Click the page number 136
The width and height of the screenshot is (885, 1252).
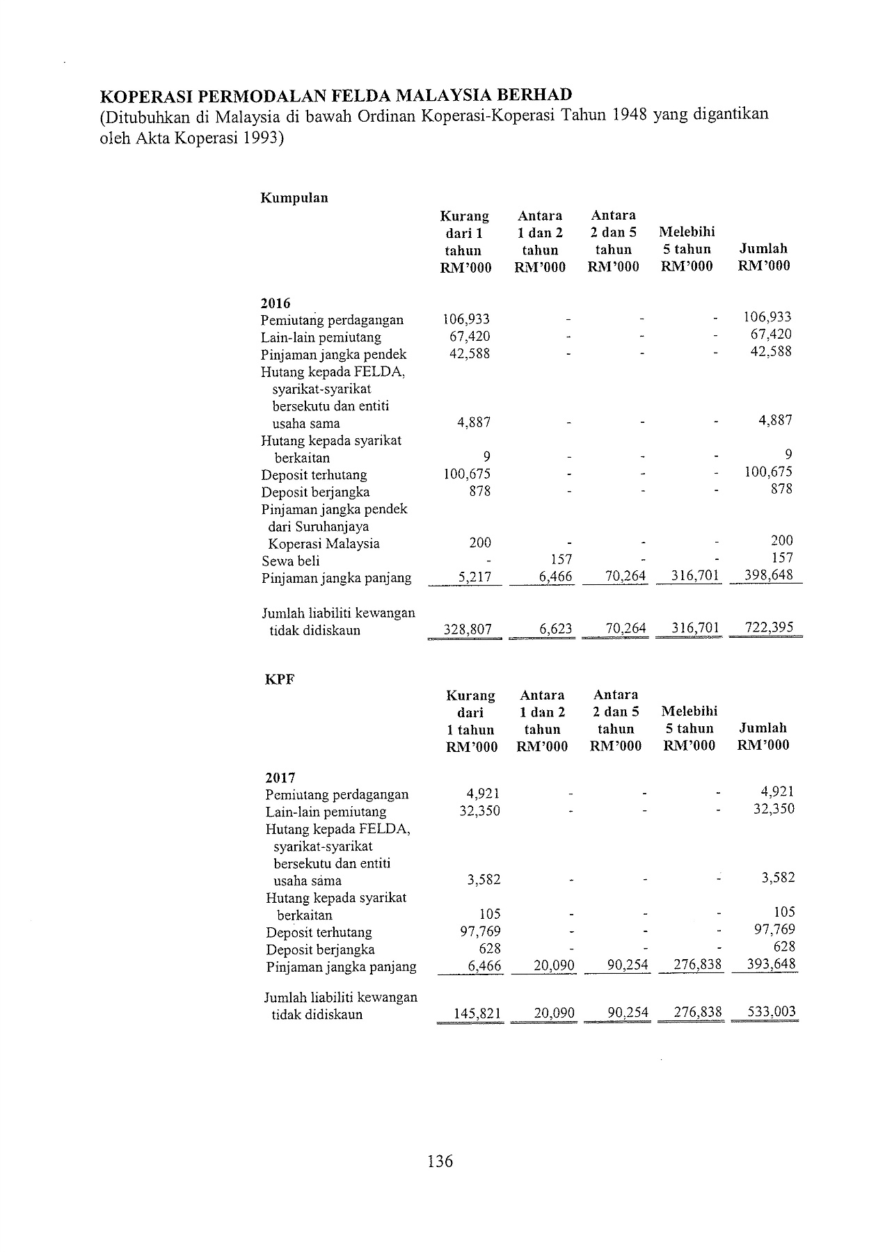[x=440, y=1161]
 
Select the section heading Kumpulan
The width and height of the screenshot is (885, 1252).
[x=294, y=198]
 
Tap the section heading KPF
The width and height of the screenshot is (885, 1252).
[x=280, y=680]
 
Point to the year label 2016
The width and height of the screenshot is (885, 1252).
[x=276, y=303]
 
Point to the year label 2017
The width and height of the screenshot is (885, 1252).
[x=280, y=778]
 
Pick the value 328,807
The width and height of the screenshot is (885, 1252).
[x=468, y=630]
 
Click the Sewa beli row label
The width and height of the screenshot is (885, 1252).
[x=291, y=561]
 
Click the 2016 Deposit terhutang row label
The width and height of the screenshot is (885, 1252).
[x=314, y=475]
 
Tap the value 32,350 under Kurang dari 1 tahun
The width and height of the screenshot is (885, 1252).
[x=479, y=811]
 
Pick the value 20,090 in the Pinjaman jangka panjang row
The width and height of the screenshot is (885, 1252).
[x=554, y=966]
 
